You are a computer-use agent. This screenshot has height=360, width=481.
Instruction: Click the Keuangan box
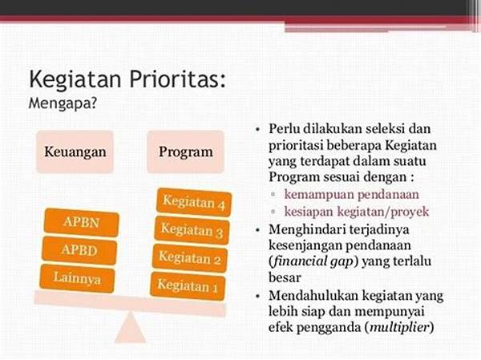[75, 152]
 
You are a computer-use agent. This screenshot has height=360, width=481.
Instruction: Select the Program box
[186, 152]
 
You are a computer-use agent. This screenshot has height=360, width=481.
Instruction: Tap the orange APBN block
[81, 222]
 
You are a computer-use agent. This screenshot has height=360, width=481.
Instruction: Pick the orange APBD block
[79, 250]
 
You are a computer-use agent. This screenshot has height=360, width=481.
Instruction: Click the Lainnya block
[77, 278]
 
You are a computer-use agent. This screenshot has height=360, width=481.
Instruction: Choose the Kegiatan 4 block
[194, 202]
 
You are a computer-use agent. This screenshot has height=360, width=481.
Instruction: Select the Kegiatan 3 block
[192, 230]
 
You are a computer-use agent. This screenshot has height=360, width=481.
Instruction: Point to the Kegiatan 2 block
[190, 258]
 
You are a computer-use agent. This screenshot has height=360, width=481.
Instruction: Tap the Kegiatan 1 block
[188, 286]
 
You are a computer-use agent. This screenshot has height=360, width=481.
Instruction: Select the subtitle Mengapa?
[63, 103]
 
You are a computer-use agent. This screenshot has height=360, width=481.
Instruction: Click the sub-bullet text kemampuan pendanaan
[352, 195]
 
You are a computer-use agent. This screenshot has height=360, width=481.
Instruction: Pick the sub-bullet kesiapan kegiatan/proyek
[357, 212]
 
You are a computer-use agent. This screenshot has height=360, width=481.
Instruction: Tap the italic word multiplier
[399, 327]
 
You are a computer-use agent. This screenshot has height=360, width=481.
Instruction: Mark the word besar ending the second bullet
[285, 277]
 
